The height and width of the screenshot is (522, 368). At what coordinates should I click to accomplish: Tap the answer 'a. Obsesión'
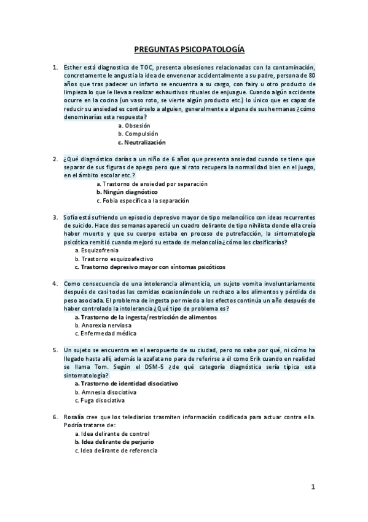[134, 125]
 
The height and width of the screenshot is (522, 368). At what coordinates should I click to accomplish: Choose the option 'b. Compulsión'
[138, 134]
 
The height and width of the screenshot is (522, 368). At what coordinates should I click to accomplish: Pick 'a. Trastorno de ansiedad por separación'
[152, 183]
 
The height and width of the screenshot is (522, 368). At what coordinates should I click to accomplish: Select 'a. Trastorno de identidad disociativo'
[126, 383]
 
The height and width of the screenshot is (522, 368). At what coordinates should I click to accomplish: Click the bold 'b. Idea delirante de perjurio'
[114, 441]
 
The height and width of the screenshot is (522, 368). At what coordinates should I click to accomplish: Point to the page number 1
[313, 488]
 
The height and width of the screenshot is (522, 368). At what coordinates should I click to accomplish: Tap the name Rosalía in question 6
[76, 417]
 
